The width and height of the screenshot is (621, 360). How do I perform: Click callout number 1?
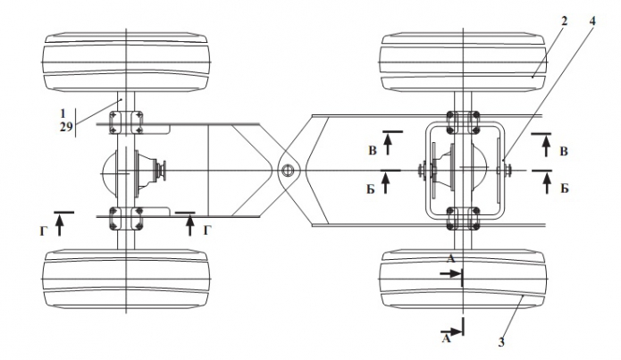tap(63, 113)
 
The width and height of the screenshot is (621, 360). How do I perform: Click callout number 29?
tap(66, 127)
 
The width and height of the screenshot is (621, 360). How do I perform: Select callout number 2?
tap(564, 21)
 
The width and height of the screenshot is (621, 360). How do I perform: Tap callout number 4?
tap(592, 21)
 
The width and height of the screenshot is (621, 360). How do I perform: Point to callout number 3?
tap(501, 341)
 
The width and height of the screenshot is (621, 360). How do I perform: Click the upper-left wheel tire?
tap(126, 63)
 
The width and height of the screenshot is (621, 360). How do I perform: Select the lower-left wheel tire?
tap(126, 279)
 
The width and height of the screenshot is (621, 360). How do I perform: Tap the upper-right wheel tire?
tap(464, 63)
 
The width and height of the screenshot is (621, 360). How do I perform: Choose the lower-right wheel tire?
tap(464, 279)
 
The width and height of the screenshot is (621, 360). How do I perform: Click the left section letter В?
tap(373, 151)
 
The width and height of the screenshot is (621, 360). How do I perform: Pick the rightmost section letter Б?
tap(565, 188)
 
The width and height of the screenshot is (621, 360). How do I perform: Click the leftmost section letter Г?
tap(44, 230)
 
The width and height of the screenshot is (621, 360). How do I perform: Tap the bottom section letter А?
tap(447, 339)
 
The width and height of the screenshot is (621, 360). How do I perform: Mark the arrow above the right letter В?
tap(547, 146)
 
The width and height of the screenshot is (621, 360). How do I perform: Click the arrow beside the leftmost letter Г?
tap(59, 225)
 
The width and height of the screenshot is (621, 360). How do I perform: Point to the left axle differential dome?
tap(109, 172)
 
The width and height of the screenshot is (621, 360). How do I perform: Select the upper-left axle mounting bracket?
tap(126, 122)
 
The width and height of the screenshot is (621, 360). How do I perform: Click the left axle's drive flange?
tap(161, 171)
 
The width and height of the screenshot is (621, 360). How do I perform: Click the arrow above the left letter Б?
tap(386, 183)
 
